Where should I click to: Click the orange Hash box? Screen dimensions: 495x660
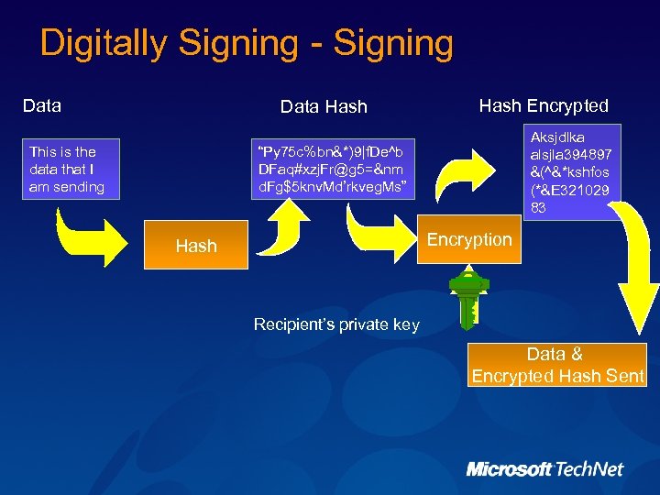pyautogui.click(x=196, y=245)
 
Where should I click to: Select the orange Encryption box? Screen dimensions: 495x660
pyautogui.click(x=468, y=239)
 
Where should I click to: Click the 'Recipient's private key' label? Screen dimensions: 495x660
pyautogui.click(x=335, y=324)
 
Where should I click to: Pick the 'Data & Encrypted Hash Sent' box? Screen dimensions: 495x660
pyautogui.click(x=557, y=365)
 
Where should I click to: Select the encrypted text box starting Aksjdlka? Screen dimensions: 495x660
pyautogui.click(x=571, y=171)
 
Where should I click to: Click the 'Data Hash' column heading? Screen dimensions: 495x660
pyautogui.click(x=323, y=107)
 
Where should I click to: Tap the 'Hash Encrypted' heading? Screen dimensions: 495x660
pyautogui.click(x=544, y=105)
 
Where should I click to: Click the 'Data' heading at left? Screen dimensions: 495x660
pyautogui.click(x=41, y=105)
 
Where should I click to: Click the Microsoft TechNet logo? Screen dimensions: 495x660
pyautogui.click(x=544, y=469)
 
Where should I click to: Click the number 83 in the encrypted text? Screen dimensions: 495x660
pyautogui.click(x=539, y=208)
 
